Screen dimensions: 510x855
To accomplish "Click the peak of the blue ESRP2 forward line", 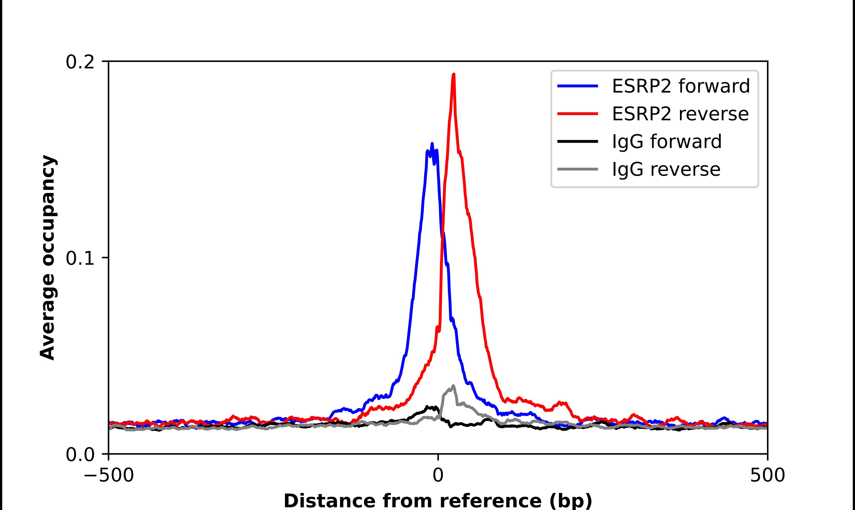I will pos(432,143).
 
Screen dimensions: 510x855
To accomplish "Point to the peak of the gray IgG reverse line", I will pos(453,386).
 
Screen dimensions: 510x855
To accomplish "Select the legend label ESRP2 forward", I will pos(681,86).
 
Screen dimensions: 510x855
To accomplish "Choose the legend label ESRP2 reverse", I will pos(680,114).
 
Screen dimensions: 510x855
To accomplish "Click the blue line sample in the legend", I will pos(578,86).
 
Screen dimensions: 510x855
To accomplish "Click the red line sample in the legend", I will pos(578,114).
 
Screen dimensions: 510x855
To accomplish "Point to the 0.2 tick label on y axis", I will pos(80,62).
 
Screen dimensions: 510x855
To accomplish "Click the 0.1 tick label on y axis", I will pos(80,258).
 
